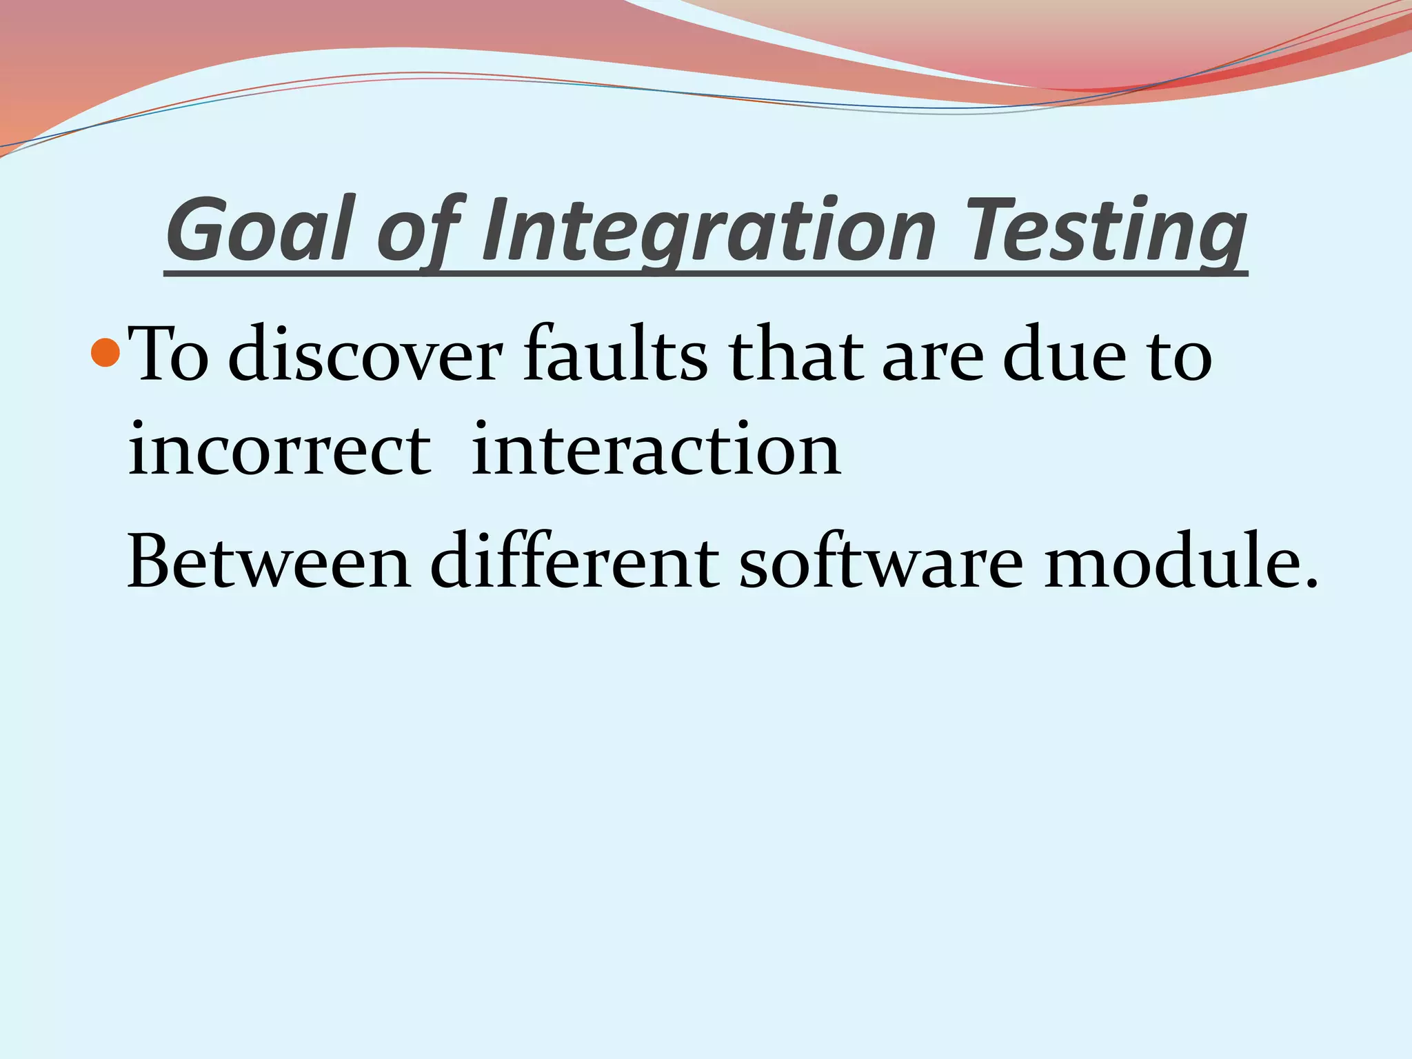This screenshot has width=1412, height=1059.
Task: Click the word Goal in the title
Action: [258, 230]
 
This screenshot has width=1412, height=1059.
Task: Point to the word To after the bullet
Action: [169, 356]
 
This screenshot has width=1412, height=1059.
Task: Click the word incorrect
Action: [279, 451]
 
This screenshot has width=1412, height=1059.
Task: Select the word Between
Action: [270, 562]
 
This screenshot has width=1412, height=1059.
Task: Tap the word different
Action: [575, 562]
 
